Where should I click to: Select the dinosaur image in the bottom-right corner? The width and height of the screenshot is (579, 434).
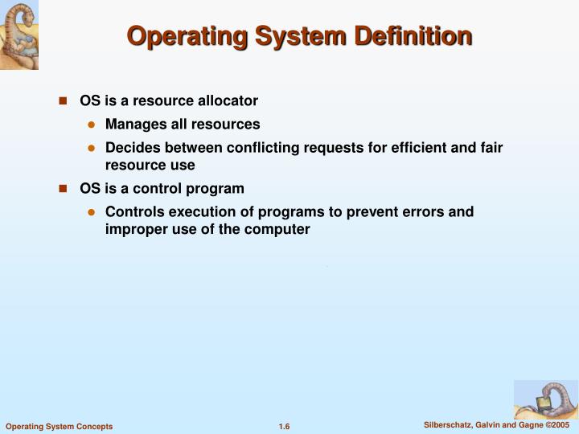(x=545, y=399)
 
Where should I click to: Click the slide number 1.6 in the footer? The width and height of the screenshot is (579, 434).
(x=284, y=426)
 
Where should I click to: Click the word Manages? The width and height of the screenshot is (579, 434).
(x=132, y=125)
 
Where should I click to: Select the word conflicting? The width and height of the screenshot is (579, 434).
(x=264, y=149)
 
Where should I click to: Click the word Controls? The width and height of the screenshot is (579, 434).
(x=133, y=212)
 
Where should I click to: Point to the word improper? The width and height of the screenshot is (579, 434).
(x=133, y=228)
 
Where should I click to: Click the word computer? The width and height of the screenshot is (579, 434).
(x=281, y=228)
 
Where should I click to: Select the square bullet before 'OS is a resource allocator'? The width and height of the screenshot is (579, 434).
(x=62, y=101)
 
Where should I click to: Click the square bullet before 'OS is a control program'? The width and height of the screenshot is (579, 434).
(x=62, y=189)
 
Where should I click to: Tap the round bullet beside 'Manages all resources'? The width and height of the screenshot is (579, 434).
(x=91, y=125)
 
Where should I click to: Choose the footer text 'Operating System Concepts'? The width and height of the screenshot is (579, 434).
(x=59, y=426)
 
